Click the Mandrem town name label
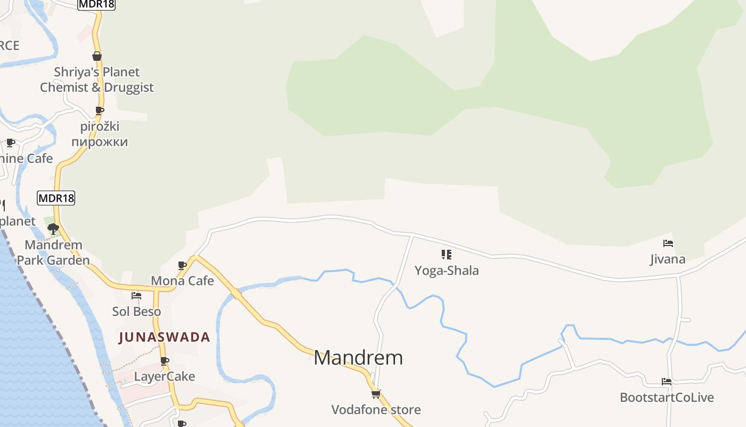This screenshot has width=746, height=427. (358, 358)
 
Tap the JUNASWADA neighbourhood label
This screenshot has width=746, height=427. (165, 337)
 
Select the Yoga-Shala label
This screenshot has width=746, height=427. (447, 271)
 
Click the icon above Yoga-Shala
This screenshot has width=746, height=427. (447, 255)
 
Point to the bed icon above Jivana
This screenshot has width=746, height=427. (668, 244)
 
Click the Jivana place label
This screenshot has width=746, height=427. (668, 260)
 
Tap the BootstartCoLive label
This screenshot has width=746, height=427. (667, 398)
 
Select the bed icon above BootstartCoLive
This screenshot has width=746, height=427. (667, 382)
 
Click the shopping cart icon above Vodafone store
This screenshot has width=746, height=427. (376, 394)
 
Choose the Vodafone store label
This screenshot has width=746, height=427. (376, 410)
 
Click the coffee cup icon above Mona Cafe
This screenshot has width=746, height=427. (182, 265)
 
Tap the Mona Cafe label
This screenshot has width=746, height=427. (182, 281)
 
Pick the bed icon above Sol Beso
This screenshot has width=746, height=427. (136, 296)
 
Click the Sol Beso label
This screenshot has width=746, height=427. (136, 312)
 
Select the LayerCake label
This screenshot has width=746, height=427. (164, 377)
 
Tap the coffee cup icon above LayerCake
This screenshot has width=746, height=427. (165, 361)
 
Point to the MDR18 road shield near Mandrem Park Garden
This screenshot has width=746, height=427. (56, 198)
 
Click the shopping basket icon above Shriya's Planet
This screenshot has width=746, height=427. (97, 56)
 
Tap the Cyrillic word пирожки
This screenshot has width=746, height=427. (100, 142)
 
